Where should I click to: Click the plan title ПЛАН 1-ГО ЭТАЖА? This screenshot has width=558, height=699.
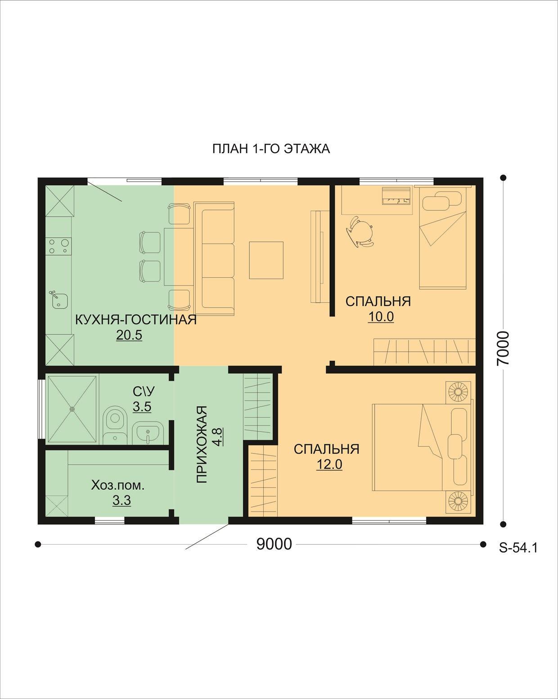click(271, 149)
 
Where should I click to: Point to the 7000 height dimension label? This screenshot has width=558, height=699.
click(503, 348)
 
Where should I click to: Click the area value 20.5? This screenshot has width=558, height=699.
click(129, 335)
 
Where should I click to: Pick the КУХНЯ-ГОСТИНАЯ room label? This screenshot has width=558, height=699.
click(136, 320)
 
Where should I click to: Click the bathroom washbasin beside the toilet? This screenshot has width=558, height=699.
click(148, 433)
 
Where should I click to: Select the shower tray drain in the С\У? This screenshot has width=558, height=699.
click(72, 409)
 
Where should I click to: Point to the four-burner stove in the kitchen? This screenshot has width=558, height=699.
click(58, 246)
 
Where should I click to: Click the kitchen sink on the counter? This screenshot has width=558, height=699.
click(59, 300)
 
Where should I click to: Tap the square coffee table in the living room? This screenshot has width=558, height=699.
click(266, 260)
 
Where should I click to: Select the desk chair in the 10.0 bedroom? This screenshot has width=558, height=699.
click(360, 232)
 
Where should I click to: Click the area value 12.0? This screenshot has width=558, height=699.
click(329, 464)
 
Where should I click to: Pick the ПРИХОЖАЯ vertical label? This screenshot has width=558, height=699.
click(202, 445)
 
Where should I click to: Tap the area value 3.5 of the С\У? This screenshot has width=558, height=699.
click(142, 406)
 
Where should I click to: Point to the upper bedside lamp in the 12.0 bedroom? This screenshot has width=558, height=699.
click(458, 392)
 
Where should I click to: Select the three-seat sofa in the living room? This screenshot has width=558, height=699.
click(214, 259)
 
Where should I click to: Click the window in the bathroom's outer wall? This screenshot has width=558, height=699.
click(41, 409)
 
